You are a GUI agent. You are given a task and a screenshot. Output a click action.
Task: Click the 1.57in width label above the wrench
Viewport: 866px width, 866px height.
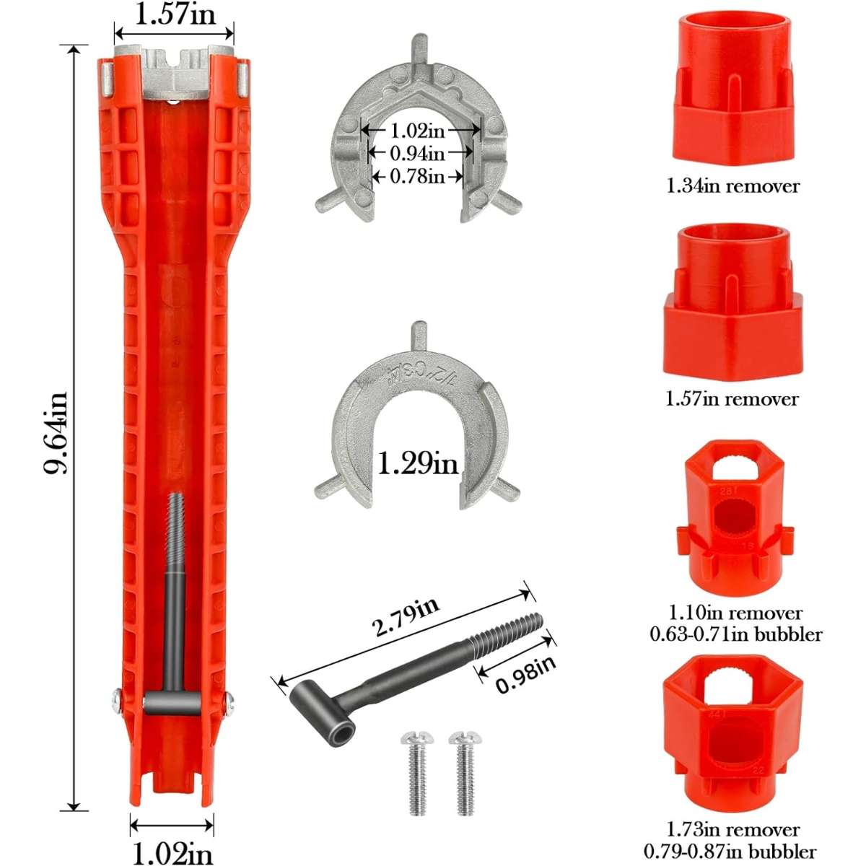tap(175, 15)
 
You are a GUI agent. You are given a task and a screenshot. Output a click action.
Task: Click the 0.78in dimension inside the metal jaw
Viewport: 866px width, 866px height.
tap(418, 176)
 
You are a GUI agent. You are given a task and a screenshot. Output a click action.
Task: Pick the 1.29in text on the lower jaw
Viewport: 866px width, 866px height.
tap(418, 463)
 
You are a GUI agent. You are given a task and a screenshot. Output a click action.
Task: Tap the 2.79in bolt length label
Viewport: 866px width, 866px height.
tap(406, 616)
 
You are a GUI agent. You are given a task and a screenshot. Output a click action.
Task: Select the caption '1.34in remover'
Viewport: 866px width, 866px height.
tap(732, 186)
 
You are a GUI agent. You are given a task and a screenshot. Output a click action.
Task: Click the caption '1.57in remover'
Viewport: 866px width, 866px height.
tap(732, 398)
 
